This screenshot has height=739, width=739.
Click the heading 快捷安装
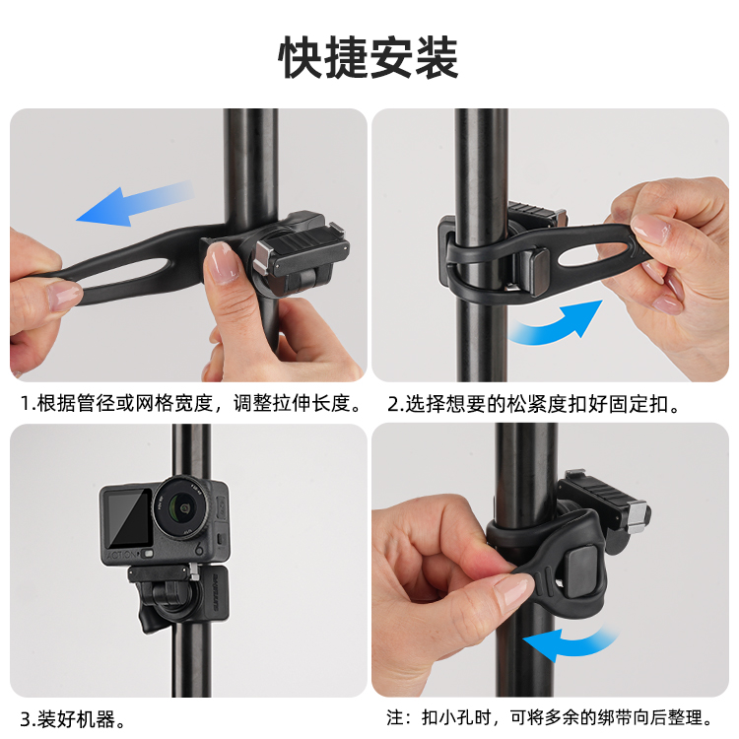(369, 57)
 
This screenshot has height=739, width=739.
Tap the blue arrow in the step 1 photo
(135, 203)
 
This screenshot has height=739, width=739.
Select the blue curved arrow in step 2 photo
(556, 323)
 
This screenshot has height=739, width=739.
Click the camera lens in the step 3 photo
(180, 507)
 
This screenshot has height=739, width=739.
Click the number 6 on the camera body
(199, 547)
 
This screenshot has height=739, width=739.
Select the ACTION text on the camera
(122, 555)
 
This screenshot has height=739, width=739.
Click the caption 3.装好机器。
(73, 719)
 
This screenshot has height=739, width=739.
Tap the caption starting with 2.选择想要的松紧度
(534, 404)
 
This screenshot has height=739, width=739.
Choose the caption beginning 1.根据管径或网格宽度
(192, 403)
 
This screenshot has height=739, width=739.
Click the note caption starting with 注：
(550, 717)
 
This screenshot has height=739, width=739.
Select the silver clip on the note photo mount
(638, 517)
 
